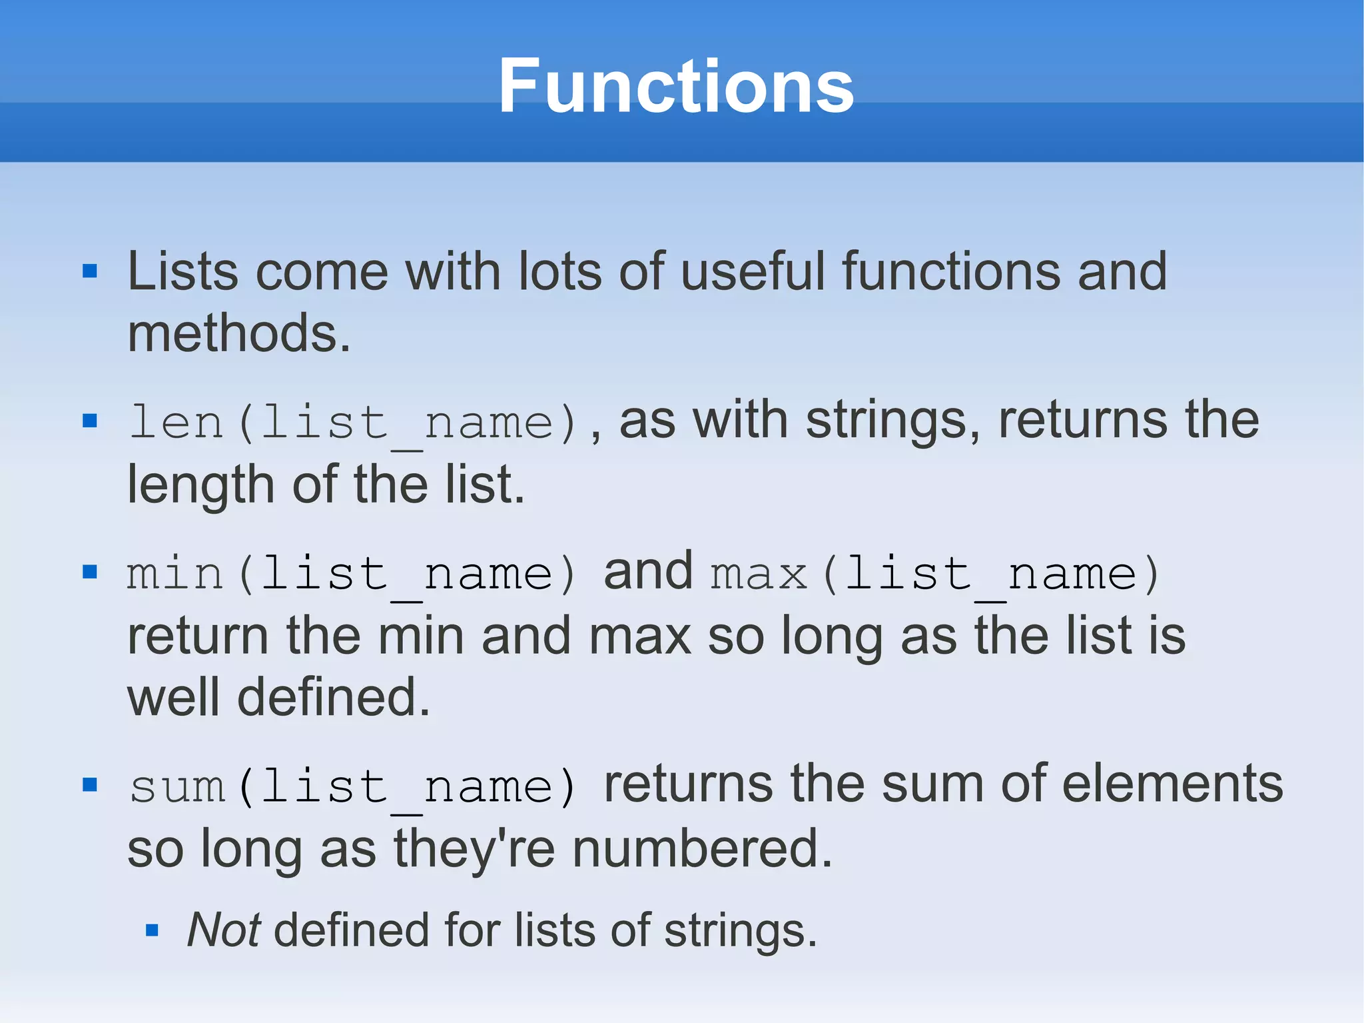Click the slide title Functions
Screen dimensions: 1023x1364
(676, 87)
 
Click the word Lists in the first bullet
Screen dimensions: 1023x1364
(182, 272)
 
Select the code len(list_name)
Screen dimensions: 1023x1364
(353, 423)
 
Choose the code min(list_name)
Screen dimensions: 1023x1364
(352, 574)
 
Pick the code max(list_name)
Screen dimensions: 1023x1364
(936, 574)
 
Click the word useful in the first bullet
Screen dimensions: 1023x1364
(753, 272)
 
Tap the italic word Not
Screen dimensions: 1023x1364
(223, 930)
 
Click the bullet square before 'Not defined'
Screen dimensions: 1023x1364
(152, 930)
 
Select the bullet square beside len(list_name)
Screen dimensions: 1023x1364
(90, 421)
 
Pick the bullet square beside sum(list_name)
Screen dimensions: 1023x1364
(90, 784)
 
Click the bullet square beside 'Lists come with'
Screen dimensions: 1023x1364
(90, 271)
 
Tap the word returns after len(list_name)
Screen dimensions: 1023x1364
(1082, 421)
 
